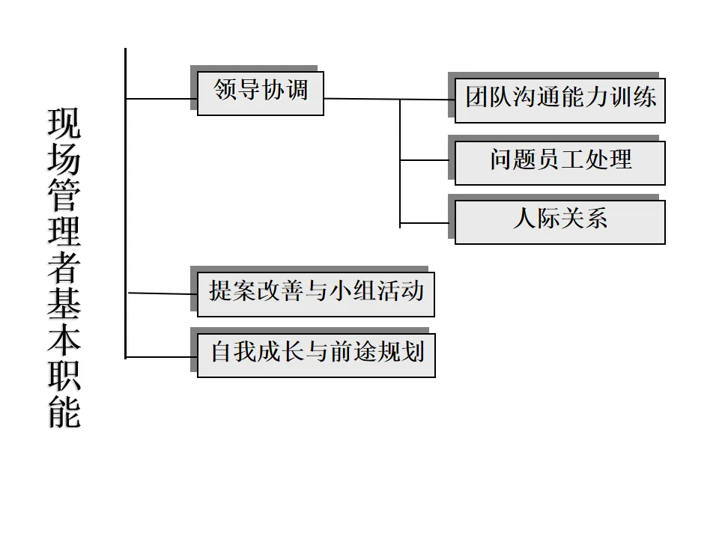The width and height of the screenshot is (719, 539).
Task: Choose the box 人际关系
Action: (x=559, y=221)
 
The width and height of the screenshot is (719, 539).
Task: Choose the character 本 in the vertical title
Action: (x=64, y=341)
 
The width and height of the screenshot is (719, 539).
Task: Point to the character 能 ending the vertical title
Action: (x=64, y=410)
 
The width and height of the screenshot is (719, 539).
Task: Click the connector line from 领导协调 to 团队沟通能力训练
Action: (x=374, y=99)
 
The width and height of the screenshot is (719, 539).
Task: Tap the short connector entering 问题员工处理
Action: (x=427, y=160)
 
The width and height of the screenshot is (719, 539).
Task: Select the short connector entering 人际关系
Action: (x=427, y=223)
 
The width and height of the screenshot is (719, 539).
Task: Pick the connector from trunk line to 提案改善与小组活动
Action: (x=161, y=293)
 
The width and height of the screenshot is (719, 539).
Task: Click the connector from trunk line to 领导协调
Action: (x=161, y=98)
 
